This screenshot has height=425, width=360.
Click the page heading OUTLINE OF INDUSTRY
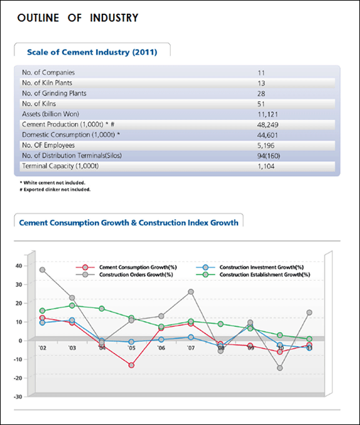(77, 18)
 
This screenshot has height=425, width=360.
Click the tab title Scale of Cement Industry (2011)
(92, 52)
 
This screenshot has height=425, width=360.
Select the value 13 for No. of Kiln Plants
(261, 83)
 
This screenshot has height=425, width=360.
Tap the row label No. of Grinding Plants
(54, 93)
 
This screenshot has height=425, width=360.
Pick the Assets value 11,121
(267, 114)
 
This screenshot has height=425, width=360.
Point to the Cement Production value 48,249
(267, 124)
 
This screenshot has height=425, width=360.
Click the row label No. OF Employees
(48, 145)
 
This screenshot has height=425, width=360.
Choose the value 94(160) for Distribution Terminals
(269, 156)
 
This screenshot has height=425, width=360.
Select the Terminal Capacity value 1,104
(266, 166)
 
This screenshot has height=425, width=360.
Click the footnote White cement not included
(52, 182)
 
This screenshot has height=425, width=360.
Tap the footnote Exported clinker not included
(55, 189)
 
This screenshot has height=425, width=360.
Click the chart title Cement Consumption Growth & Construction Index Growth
(129, 222)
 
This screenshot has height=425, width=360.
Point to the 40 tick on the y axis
(19, 266)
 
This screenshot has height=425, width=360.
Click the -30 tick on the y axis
(18, 397)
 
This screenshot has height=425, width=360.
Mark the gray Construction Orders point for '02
(42, 270)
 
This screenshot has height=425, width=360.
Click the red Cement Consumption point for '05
(131, 366)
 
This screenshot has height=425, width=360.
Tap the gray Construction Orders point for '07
(191, 292)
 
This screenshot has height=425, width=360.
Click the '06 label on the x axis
(161, 347)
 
